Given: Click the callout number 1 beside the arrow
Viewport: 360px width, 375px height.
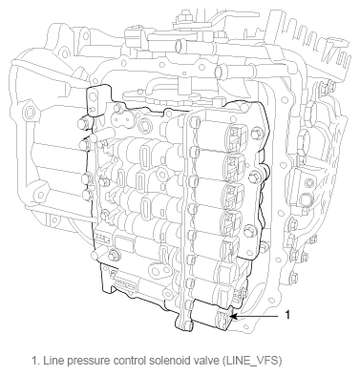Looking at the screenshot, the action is (287, 315).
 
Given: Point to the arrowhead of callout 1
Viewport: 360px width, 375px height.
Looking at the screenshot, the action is (233, 317).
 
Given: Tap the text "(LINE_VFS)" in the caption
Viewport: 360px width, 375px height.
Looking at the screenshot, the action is (252, 361).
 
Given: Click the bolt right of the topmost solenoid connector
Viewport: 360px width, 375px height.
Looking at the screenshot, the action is (255, 134).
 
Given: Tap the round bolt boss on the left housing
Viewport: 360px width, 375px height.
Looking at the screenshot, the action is (31, 113).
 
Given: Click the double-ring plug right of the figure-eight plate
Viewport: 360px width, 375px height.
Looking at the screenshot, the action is (146, 125).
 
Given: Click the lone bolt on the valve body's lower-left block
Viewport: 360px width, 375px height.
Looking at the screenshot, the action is (114, 254).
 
